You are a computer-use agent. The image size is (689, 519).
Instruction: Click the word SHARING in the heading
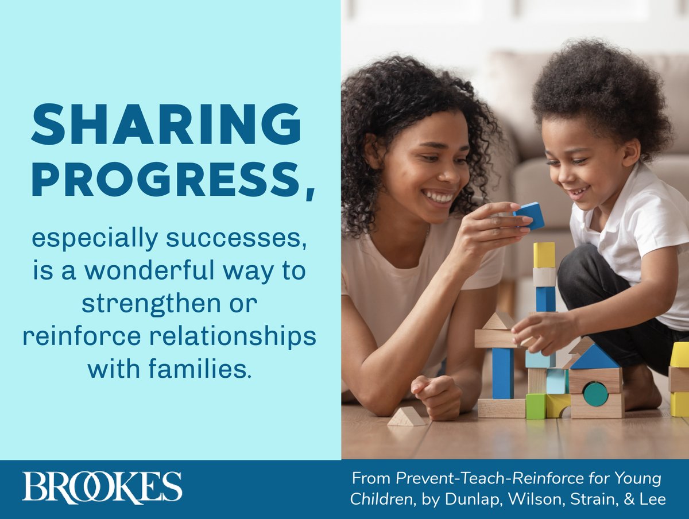167,125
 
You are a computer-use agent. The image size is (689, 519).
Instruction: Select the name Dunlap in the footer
473,499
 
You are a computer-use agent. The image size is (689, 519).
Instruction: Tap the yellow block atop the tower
544,254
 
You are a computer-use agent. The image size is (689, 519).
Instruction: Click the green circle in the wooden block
595,394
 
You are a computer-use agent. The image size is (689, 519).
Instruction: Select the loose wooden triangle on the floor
407,417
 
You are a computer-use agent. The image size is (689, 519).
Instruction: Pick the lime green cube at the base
536,406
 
